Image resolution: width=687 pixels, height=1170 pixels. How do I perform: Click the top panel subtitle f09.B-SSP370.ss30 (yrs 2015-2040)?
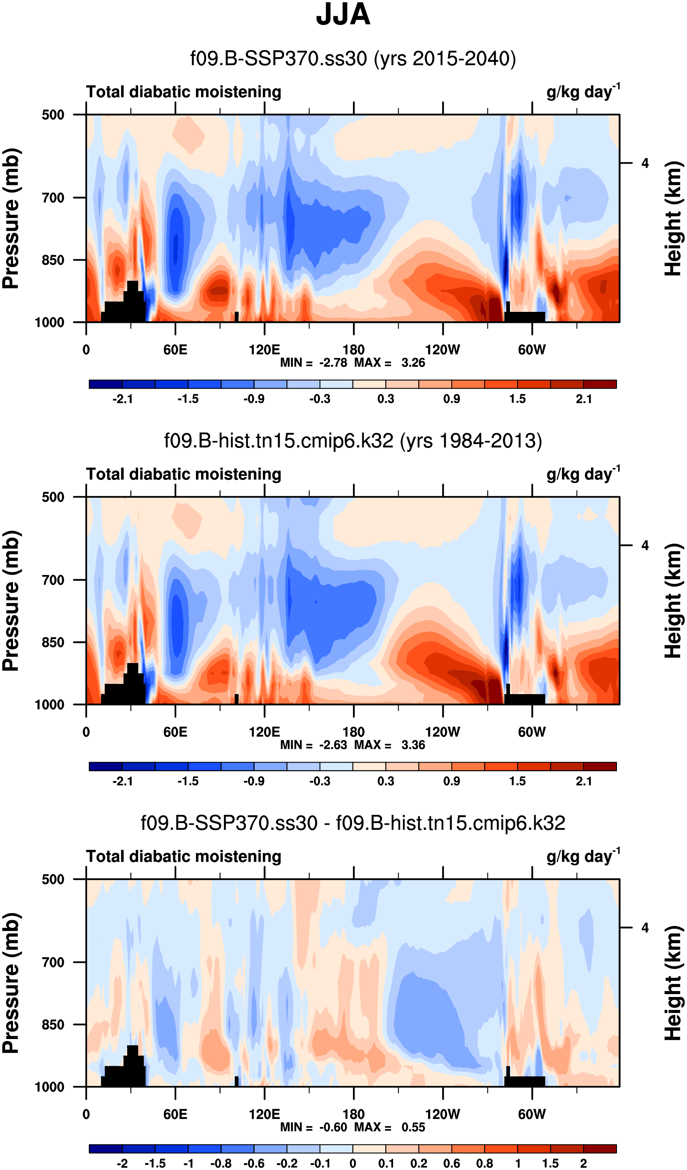pos(353,59)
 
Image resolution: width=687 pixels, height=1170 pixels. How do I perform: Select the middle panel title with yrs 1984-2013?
pos(353,440)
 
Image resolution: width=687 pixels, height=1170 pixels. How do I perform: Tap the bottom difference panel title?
pos(353,823)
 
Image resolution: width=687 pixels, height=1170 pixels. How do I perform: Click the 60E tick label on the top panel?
pos(175,350)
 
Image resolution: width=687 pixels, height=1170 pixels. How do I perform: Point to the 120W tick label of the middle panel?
pos(442,732)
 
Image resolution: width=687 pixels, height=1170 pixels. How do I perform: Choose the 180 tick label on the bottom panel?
pos(353,1114)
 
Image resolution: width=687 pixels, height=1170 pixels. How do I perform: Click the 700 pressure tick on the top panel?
pos(53,198)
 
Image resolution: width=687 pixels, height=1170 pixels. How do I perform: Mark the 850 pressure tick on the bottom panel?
pos(53,1024)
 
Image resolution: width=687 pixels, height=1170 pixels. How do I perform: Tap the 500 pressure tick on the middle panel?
pos(53,497)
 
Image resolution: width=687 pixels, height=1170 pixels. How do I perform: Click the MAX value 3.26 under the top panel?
pos(413,363)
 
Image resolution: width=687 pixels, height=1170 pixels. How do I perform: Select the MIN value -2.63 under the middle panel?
pos(333,745)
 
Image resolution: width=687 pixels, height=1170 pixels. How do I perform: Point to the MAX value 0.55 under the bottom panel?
pos(413,1127)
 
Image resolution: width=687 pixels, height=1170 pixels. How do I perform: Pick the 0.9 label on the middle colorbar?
pos(451,781)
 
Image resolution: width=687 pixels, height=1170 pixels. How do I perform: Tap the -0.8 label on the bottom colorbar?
pos(221,1163)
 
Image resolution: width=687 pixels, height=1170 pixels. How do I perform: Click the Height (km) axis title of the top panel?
pos(673,218)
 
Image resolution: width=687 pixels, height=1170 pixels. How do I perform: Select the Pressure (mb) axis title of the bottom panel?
pos(11,983)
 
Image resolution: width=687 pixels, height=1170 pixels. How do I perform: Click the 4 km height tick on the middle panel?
pos(645,545)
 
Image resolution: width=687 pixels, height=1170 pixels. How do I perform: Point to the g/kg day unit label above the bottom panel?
pos(582,857)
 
